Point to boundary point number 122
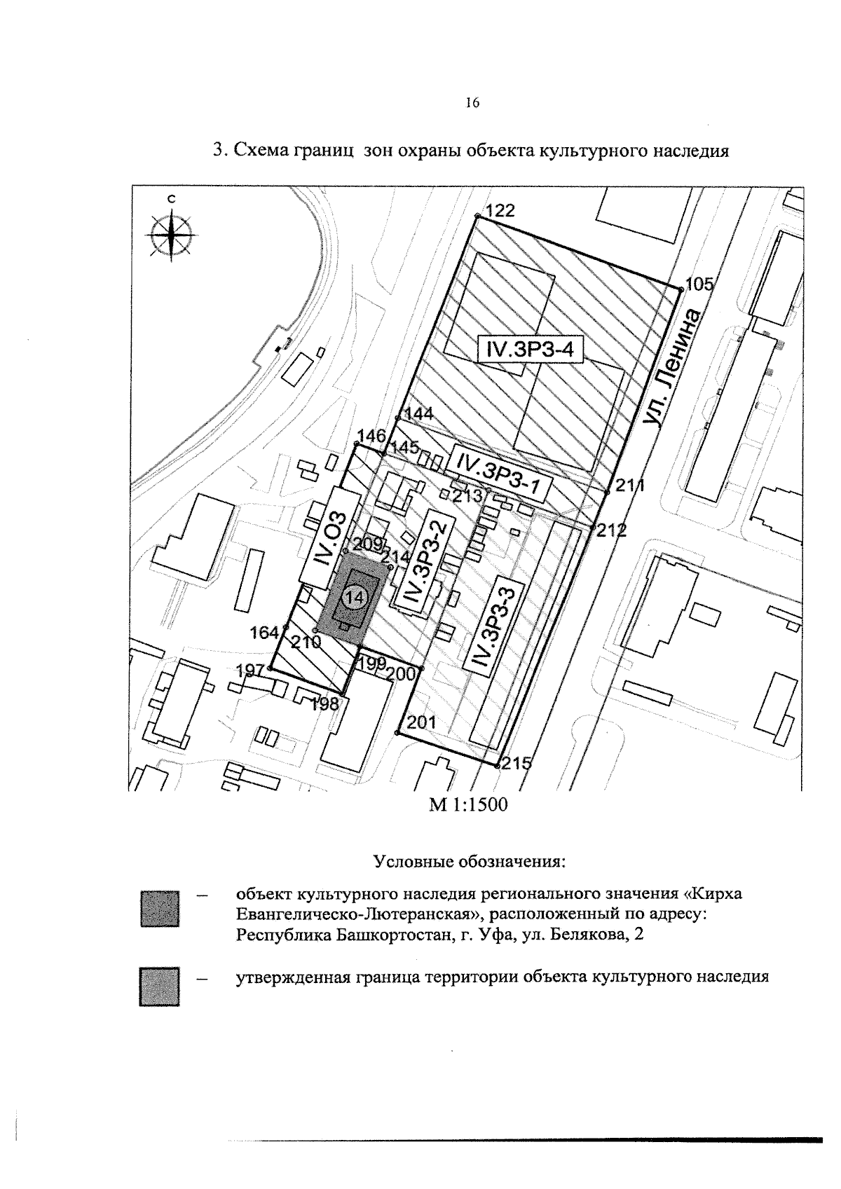(477, 216)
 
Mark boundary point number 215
(496, 766)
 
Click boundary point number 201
(397, 733)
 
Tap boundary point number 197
(270, 668)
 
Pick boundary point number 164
(286, 627)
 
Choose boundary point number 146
(356, 444)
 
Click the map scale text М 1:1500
(468, 805)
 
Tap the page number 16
(472, 103)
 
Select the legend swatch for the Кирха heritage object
(160, 909)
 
